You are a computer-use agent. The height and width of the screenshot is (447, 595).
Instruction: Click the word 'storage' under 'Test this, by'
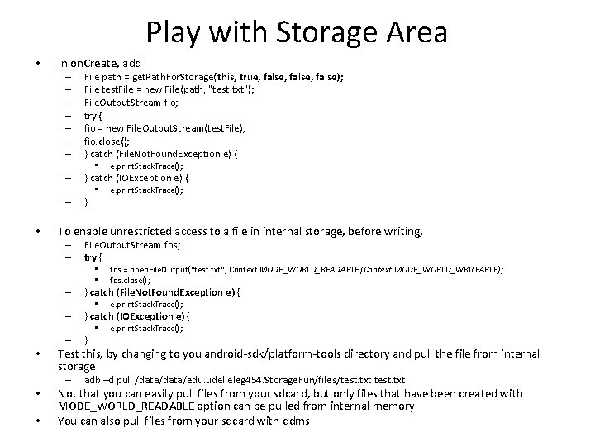click(x=77, y=366)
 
